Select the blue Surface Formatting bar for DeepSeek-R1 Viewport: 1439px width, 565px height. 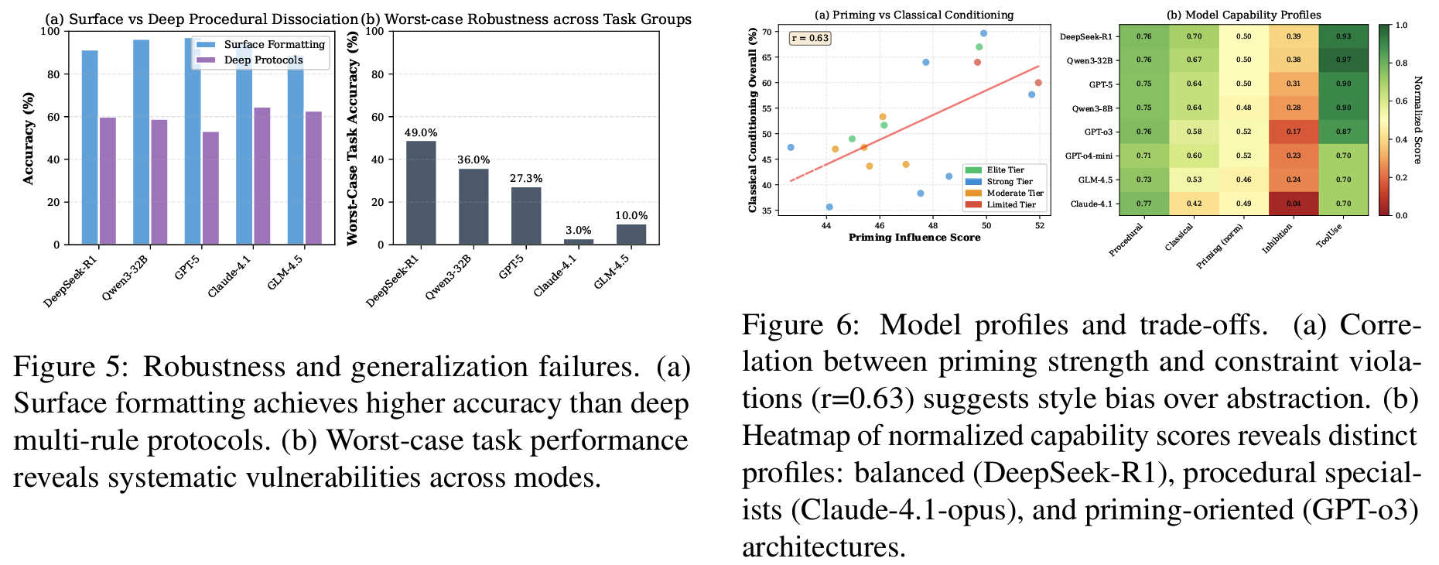tap(90, 147)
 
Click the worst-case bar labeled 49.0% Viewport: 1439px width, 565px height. tap(421, 193)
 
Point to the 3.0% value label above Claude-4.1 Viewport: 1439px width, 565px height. tap(578, 231)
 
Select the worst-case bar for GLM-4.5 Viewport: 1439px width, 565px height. tap(631, 235)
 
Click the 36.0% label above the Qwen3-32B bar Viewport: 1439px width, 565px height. tap(473, 160)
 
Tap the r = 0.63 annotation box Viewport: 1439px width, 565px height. tap(810, 38)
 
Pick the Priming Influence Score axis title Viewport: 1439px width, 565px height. tap(914, 238)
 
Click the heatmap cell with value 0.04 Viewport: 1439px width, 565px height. tap(1294, 204)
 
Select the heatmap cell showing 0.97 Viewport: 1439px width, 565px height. tap(1343, 60)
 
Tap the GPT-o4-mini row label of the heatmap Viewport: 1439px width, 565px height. tap(1089, 156)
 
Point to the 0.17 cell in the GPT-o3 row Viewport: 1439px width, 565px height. tap(1294, 132)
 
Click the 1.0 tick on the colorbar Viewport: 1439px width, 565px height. tap(1401, 26)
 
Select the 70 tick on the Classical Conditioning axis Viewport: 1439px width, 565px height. tap(766, 33)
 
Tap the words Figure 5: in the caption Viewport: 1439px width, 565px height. tap(72, 367)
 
